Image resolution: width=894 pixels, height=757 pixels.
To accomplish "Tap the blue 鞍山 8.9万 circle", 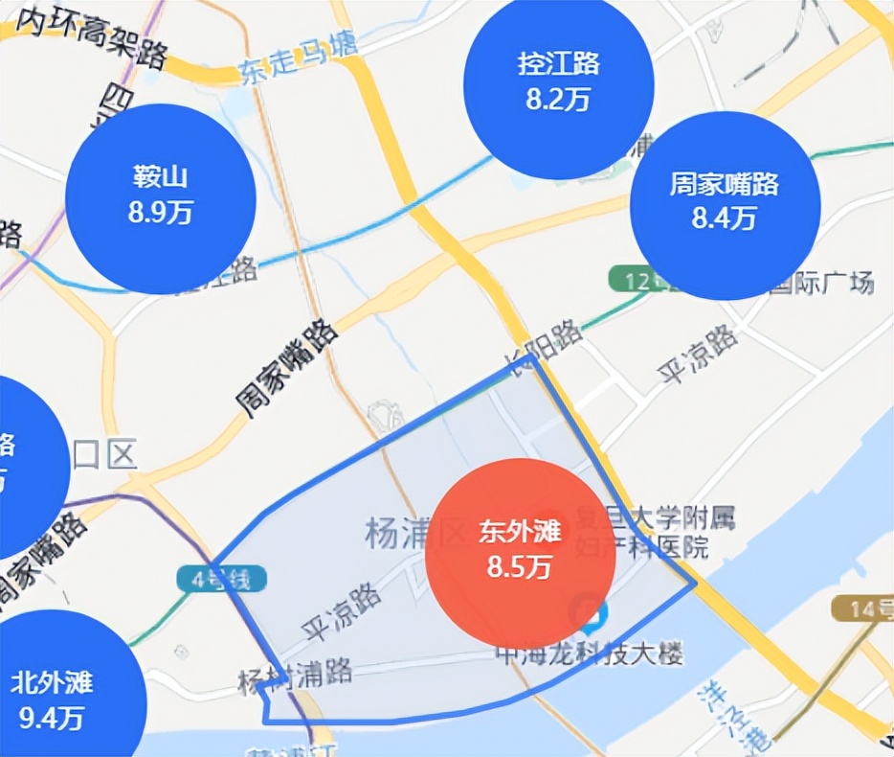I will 161,199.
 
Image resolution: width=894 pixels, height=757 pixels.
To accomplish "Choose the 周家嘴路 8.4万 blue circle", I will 725,202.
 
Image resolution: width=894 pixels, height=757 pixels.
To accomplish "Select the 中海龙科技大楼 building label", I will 590,655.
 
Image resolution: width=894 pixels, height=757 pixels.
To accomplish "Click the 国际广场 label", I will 823,285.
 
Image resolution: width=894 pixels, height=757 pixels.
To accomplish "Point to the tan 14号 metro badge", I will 861,608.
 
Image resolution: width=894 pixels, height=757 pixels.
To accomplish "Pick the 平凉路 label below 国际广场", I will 699,354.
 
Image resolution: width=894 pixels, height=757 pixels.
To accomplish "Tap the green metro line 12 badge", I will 634,281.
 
